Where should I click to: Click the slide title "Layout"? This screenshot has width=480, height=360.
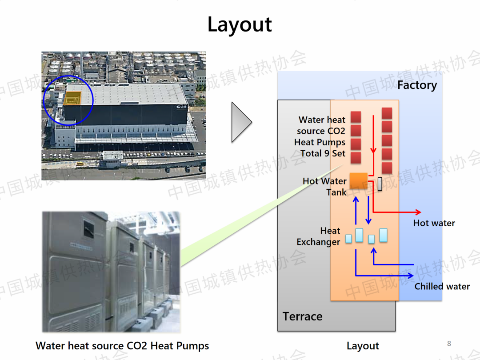coord(240,25)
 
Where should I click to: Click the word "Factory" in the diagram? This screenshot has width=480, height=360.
coord(417,85)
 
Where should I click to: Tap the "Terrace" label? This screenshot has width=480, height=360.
coord(302,316)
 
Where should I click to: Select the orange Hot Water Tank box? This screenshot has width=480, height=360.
coord(358,180)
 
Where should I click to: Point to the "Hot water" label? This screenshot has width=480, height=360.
coord(434,223)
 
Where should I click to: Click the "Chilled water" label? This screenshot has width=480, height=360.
coord(442,287)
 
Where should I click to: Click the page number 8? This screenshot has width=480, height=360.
coord(449,344)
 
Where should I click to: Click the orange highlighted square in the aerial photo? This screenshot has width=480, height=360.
coord(73,99)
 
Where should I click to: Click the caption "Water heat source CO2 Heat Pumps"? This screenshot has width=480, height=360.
coord(122,346)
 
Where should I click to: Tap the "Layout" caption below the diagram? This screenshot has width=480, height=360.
coord(363,346)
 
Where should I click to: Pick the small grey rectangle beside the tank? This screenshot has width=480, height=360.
coord(380,184)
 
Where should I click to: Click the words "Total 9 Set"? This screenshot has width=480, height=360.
coord(323,153)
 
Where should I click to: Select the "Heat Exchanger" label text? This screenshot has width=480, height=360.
coord(319,236)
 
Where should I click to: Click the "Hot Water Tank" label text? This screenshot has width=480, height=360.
coord(324,187)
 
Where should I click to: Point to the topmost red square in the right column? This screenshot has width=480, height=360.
coord(387,113)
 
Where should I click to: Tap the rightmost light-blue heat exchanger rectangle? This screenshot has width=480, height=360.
coord(383,235)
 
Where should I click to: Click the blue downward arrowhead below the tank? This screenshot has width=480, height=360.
coord(368,220)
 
